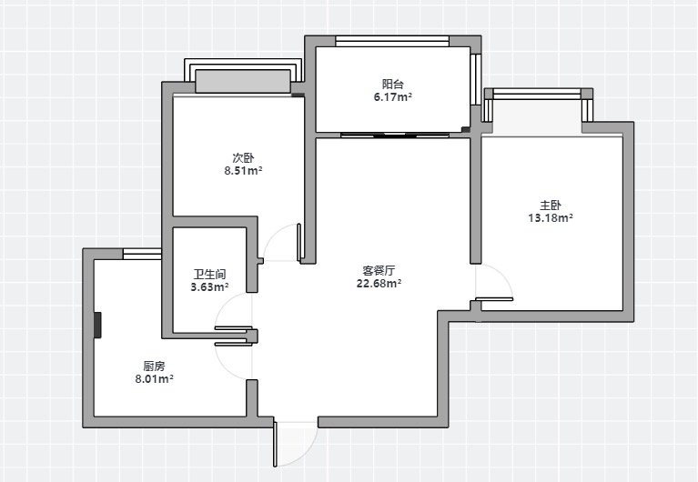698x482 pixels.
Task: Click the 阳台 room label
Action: (392, 84)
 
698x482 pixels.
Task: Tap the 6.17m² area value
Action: (392, 97)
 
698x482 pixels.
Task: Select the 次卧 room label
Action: (243, 157)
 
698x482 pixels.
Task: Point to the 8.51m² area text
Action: (243, 170)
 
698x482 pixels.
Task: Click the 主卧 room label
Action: (551, 206)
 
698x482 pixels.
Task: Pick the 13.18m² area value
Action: (551, 218)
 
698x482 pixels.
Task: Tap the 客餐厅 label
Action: (379, 270)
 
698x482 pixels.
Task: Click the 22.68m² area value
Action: (379, 283)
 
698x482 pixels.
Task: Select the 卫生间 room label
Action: (209, 274)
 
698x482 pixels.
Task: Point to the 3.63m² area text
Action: (209, 287)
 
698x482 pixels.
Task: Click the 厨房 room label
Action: (154, 366)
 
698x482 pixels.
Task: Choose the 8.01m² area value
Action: (154, 378)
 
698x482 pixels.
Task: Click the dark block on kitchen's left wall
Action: (97, 326)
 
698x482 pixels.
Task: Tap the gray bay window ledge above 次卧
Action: (243, 81)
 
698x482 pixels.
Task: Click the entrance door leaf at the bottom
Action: (276, 444)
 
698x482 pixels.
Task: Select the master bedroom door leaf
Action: (494, 299)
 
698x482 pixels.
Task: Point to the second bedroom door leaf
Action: (298, 242)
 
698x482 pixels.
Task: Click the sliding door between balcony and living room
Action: (394, 135)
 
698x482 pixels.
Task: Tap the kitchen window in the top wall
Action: (142, 254)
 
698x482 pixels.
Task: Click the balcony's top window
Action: (392, 41)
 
